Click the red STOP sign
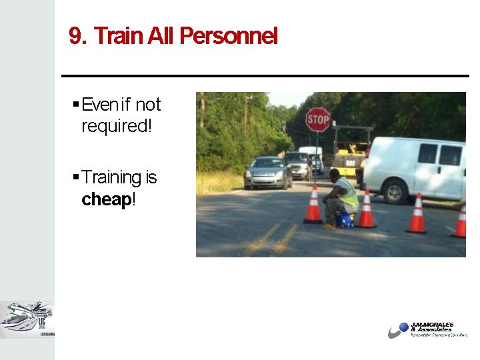318,119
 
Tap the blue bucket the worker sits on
345,219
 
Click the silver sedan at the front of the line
267,173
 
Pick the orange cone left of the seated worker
313,206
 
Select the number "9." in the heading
79,36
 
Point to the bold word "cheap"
106,199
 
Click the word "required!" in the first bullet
117,126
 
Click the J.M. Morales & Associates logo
427,330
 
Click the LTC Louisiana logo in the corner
27,319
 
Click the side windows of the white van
439,155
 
